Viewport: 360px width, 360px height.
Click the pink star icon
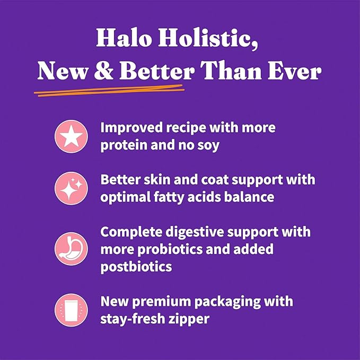point(71,137)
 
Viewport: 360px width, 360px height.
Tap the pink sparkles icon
point(71,189)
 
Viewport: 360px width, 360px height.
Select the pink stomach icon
point(71,249)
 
